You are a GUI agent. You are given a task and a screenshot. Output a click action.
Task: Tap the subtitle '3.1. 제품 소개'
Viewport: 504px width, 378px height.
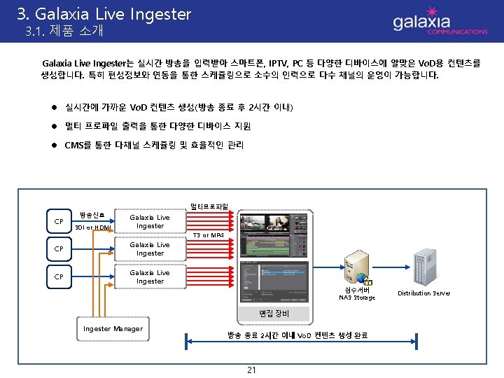click(x=64, y=31)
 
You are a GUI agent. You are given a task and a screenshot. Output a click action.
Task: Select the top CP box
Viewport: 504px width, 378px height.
click(x=59, y=222)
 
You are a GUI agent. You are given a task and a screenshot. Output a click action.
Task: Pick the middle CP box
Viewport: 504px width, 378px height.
click(x=59, y=249)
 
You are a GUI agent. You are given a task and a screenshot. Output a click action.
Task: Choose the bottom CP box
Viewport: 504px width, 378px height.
click(x=59, y=276)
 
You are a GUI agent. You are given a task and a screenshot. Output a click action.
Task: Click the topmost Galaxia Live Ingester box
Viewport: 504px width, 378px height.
click(x=150, y=222)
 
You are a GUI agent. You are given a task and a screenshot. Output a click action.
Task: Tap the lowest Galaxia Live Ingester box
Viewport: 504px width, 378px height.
click(x=150, y=276)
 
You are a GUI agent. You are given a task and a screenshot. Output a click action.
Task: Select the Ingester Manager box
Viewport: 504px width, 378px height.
click(x=113, y=329)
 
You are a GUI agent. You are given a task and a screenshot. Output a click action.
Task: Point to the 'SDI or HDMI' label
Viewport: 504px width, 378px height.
click(x=93, y=227)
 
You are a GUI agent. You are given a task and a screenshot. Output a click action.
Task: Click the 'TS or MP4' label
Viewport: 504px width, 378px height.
click(x=208, y=235)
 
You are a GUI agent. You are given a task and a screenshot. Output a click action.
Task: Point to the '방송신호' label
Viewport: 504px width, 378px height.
click(x=92, y=214)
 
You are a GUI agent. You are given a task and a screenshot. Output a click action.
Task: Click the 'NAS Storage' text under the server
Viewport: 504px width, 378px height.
click(x=357, y=297)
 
